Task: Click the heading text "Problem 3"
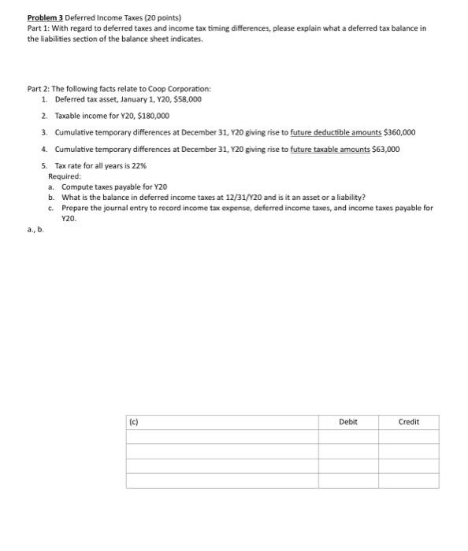click(46, 17)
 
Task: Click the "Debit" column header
click(347, 422)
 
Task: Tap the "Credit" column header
click(409, 422)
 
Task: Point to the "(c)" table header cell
click(135, 422)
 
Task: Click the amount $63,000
click(385, 149)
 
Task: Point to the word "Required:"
click(65, 176)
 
